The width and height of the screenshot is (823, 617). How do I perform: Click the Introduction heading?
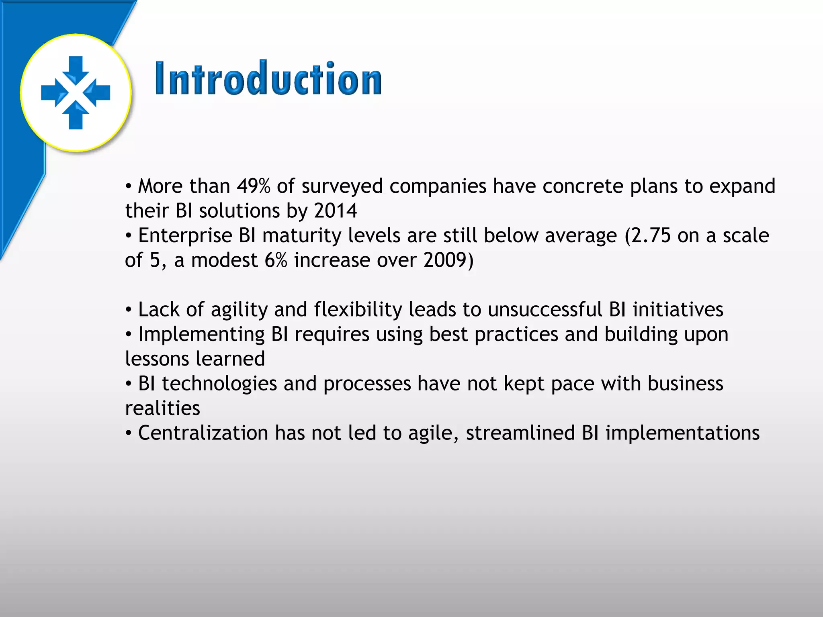point(268,79)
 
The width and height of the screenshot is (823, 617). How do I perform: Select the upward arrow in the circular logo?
point(76,116)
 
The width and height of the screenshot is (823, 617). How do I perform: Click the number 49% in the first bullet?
point(254,186)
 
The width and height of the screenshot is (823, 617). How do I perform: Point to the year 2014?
point(336,211)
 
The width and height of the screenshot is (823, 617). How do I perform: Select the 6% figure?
point(276,260)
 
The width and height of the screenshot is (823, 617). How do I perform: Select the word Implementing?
point(201,335)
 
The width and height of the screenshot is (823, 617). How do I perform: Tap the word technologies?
point(219,384)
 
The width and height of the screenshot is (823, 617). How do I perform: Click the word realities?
point(162,409)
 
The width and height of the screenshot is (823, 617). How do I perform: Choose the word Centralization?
point(203,433)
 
